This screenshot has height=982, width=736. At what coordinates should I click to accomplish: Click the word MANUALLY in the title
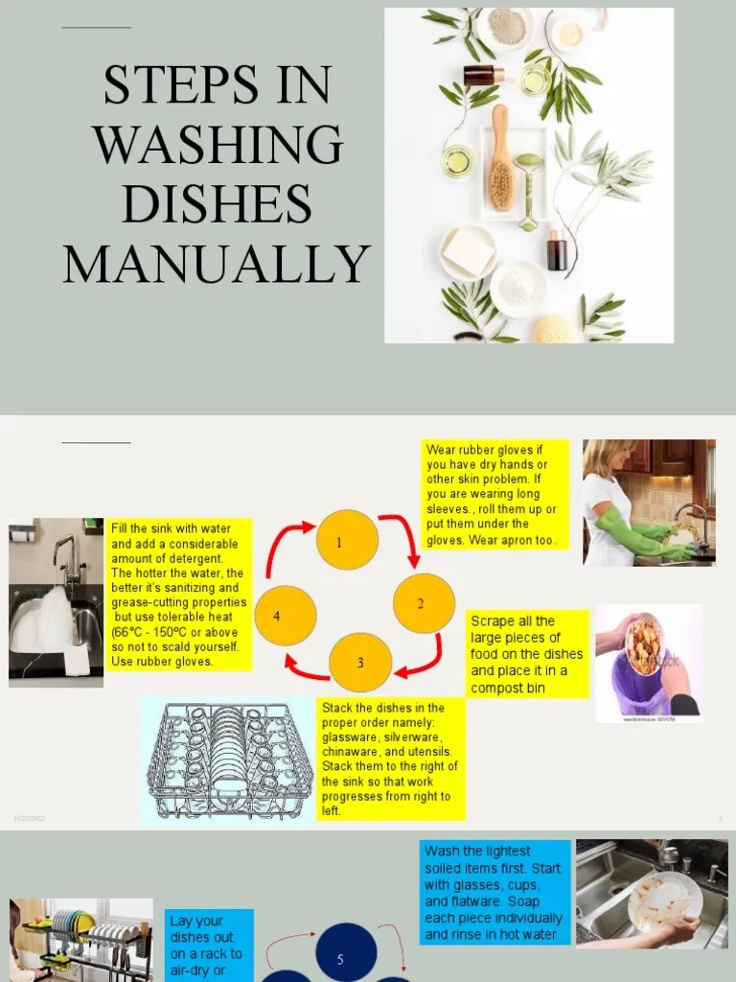point(217,264)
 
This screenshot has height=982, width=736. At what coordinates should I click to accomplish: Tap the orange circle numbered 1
point(347,541)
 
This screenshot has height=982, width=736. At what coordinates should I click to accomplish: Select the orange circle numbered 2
point(424,603)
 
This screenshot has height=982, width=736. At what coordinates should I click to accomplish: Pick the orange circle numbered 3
point(360,663)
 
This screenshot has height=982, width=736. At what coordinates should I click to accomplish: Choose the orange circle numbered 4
point(285,616)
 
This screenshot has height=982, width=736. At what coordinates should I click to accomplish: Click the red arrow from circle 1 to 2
point(402,537)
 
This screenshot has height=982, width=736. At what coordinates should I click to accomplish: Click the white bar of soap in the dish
point(468,251)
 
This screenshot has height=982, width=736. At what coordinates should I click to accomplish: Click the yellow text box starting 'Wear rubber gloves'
point(496,495)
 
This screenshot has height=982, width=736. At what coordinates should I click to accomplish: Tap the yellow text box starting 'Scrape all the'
point(526,654)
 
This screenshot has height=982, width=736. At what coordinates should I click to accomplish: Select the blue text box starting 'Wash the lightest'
point(494,892)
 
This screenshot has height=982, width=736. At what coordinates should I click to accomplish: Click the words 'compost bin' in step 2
point(518,688)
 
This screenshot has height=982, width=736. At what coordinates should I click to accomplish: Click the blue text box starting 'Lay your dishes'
point(210,945)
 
